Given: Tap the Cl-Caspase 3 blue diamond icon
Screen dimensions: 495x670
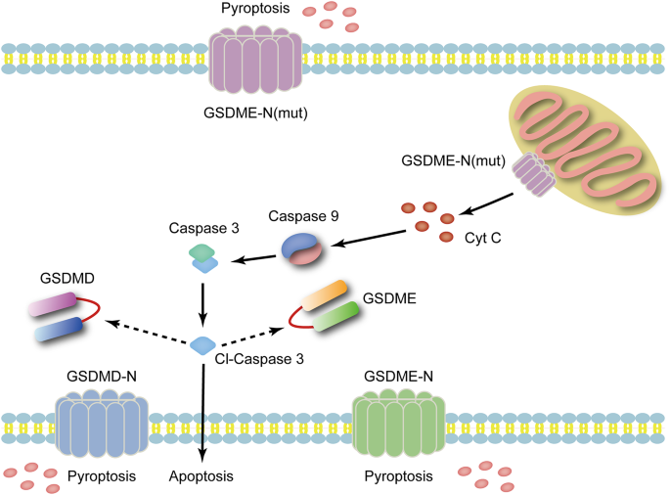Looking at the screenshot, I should pos(203,345).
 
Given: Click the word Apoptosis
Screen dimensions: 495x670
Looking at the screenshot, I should pos(201,476).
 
